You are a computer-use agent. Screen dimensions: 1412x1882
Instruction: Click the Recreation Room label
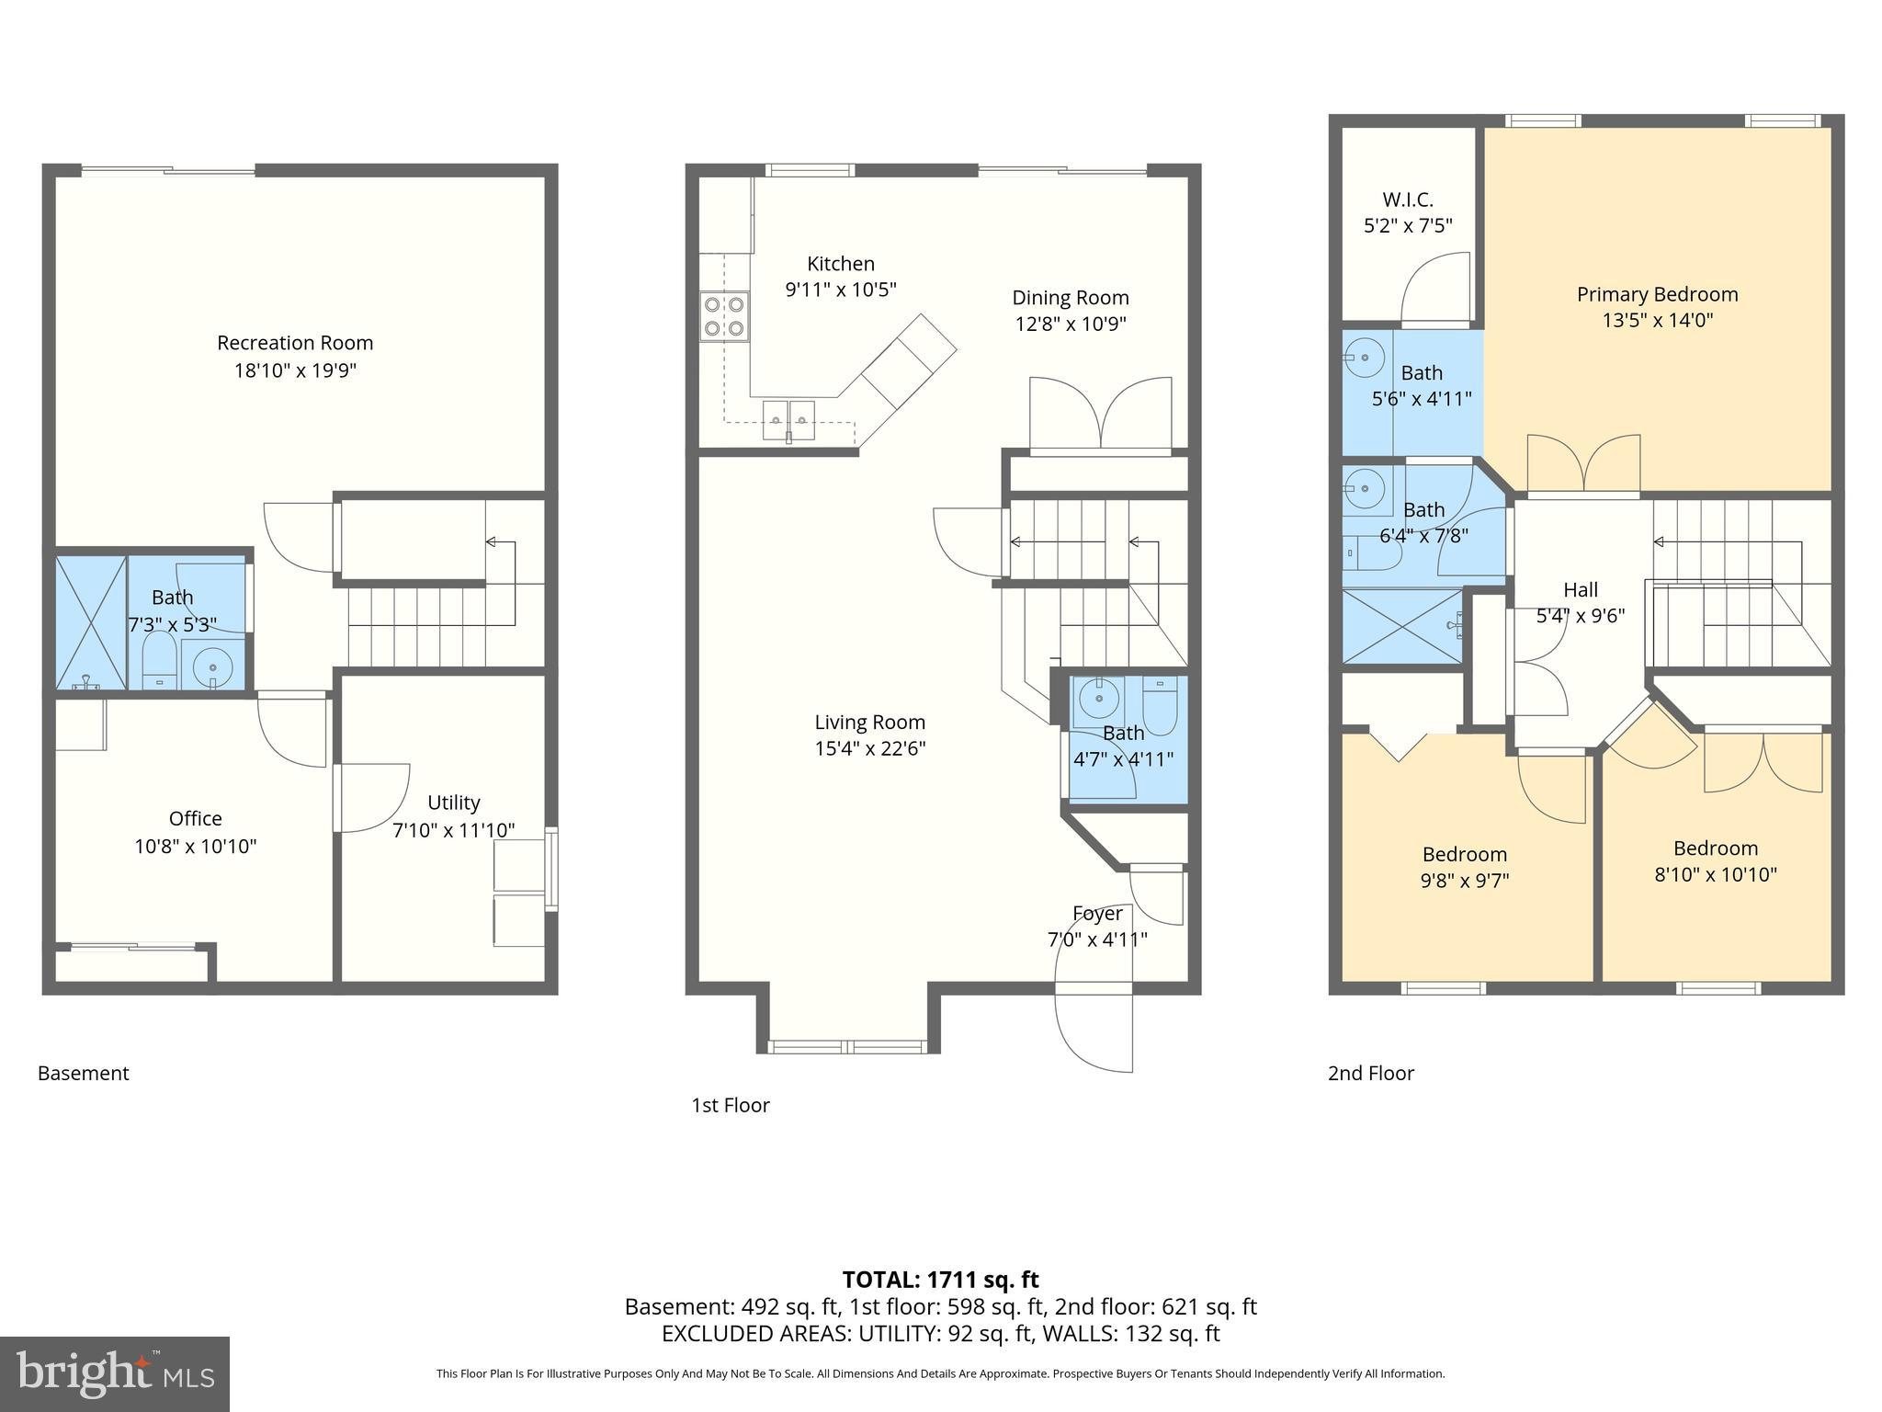295,343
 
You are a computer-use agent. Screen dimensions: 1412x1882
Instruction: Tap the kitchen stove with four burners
724,315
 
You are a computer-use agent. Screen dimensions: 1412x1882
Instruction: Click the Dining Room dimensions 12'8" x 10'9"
1071,325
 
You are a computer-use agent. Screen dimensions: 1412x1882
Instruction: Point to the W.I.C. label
1407,199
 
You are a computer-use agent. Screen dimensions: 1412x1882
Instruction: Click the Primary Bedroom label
1657,294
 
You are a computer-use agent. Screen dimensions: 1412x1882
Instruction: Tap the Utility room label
454,803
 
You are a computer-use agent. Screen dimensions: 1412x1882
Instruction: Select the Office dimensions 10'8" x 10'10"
196,846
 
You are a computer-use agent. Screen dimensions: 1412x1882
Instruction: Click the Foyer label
1097,914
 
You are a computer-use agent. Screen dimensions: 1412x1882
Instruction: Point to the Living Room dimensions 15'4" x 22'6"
869,748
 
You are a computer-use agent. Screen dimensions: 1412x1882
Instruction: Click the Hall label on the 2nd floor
1581,590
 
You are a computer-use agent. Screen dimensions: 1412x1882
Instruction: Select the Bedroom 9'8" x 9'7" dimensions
1464,880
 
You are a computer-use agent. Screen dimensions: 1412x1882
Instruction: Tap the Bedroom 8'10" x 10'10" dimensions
1715,874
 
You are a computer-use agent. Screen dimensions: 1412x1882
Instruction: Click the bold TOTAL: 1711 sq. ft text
940,1280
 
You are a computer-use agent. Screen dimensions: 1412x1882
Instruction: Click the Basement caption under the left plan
84,1073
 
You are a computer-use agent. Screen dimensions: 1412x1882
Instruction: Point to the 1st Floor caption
731,1105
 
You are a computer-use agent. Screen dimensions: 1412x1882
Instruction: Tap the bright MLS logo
115,1374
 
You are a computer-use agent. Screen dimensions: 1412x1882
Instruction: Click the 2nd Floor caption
1370,1073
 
